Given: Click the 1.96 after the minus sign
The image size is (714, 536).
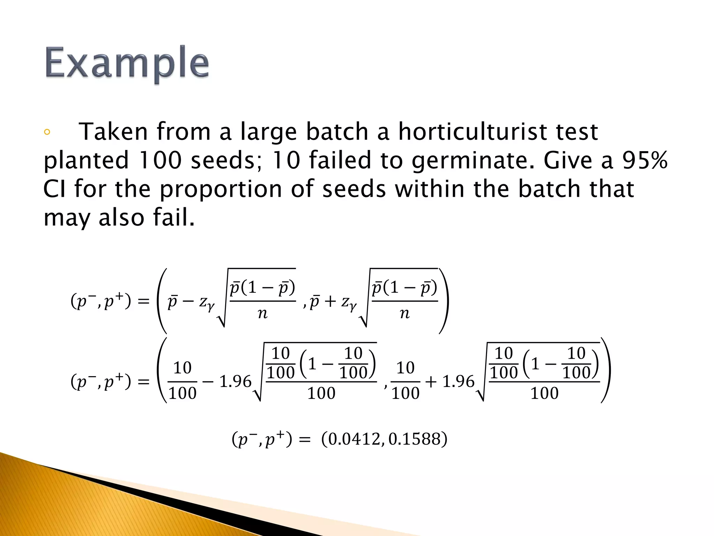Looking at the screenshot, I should pyautogui.click(x=235, y=381).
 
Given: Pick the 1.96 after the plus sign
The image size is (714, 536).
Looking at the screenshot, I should pyautogui.click(x=458, y=381).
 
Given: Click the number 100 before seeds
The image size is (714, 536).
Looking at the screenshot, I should pyautogui.click(x=160, y=160).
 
